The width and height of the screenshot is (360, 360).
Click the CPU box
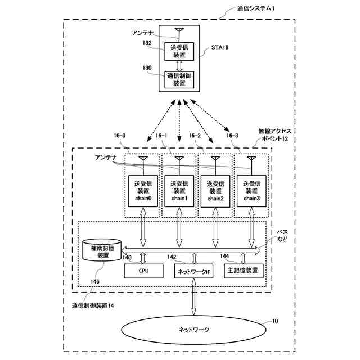(x=144, y=271)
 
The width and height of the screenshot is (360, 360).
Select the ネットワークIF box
(x=193, y=271)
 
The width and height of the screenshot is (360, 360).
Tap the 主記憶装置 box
(x=244, y=271)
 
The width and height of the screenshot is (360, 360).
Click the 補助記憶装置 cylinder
(x=102, y=250)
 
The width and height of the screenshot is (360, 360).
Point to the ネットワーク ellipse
(x=193, y=330)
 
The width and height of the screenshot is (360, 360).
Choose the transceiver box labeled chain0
(x=143, y=191)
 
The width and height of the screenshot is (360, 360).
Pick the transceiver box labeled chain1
(x=179, y=191)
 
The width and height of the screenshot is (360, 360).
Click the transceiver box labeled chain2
(x=215, y=191)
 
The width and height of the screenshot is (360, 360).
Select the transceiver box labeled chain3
(x=251, y=191)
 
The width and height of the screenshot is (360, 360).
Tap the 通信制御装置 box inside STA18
(x=179, y=80)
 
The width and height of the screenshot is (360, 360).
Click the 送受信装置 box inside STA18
(x=179, y=51)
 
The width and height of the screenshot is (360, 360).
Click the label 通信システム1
(x=255, y=8)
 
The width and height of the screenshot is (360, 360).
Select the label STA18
(x=220, y=47)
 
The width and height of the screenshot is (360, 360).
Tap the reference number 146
(x=95, y=281)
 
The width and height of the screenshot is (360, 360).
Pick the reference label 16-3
(x=232, y=136)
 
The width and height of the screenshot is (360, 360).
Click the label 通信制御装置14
(x=93, y=305)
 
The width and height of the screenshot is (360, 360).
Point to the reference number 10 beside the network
(x=275, y=321)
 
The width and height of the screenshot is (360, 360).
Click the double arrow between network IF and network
(x=193, y=297)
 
